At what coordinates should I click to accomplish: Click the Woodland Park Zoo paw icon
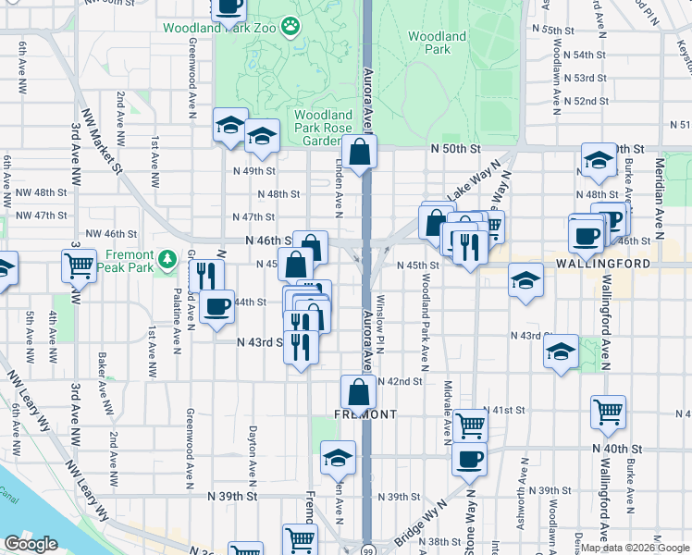tap(292, 27)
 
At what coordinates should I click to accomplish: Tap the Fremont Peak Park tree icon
tap(167, 260)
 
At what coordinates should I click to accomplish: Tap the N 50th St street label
tap(456, 148)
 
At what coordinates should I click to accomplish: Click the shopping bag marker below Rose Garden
tap(359, 152)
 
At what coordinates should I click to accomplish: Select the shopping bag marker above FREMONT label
tap(358, 390)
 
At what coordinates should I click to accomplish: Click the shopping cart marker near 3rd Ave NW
tap(79, 265)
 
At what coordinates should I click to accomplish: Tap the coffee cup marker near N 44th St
tap(217, 306)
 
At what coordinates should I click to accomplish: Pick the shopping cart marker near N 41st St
tap(471, 425)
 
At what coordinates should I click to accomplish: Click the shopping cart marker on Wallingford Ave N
tap(608, 413)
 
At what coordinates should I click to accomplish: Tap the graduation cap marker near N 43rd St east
tap(561, 351)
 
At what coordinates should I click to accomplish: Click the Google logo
tap(31, 544)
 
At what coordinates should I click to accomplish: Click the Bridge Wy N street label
tap(431, 523)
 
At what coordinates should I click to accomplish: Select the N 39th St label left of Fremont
tap(233, 497)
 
